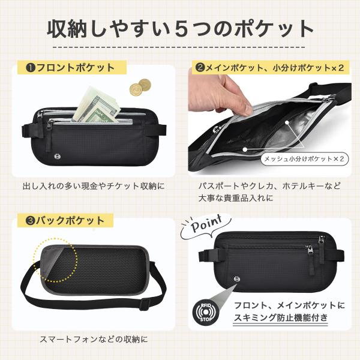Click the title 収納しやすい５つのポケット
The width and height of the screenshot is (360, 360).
click(x=180, y=29)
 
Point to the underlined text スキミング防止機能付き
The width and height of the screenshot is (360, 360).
click(x=281, y=318)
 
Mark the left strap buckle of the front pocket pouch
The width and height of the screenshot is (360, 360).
click(x=25, y=130)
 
